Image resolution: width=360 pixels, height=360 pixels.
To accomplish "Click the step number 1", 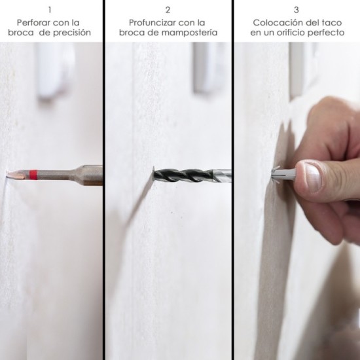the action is [50, 10].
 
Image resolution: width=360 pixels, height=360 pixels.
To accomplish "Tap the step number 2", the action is [168, 10].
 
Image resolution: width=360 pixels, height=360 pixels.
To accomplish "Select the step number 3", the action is [297, 10].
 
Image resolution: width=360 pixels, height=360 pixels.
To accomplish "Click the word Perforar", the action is [33, 23].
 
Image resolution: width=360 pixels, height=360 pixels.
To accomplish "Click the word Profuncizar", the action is [153, 23].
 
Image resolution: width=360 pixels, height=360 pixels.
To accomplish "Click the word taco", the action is [332, 23].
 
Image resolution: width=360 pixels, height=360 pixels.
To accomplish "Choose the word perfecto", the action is [326, 33].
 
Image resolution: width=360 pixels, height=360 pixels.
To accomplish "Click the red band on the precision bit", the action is [33, 175].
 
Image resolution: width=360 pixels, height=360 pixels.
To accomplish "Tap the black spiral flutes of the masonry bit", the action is [183, 175].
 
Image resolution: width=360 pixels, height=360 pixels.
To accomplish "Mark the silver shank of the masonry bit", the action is [221, 175].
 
